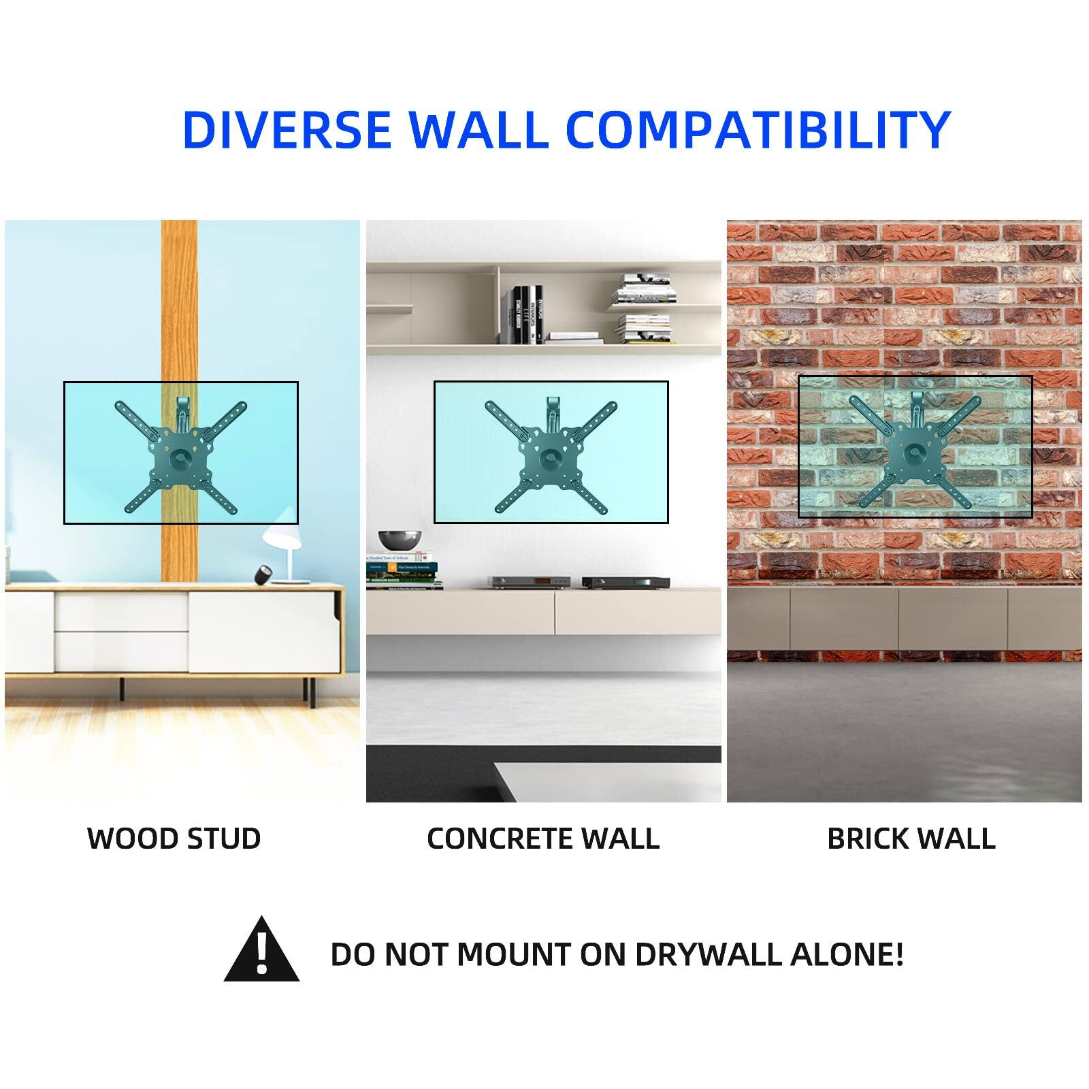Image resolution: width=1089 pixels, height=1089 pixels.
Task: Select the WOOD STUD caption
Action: click(174, 839)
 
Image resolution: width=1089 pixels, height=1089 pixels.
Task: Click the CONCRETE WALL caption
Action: click(543, 839)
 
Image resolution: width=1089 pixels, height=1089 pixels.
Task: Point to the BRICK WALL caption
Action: click(911, 839)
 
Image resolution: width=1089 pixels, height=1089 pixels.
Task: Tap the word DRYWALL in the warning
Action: click(709, 954)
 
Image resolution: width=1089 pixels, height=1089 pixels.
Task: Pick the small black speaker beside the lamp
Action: click(261, 576)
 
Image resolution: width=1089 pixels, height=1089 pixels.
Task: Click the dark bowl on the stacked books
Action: click(400, 540)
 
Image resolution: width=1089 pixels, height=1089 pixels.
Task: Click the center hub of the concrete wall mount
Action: click(550, 456)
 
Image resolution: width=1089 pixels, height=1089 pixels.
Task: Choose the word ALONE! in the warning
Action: click(847, 954)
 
